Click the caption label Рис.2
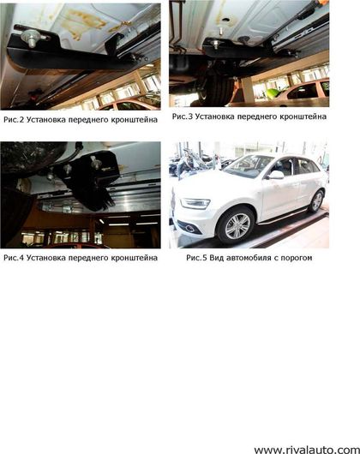tap(14, 120)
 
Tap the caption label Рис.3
tap(183, 116)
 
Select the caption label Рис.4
tap(14, 258)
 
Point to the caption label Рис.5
tap(196, 258)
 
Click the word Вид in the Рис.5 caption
tap(216, 258)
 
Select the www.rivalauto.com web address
tap(306, 450)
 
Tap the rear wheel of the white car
tap(316, 201)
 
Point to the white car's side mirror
tap(276, 175)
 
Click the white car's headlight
tap(195, 203)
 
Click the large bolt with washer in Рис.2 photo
tap(30, 38)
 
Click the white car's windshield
tap(249, 166)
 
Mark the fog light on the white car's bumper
tap(189, 228)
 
